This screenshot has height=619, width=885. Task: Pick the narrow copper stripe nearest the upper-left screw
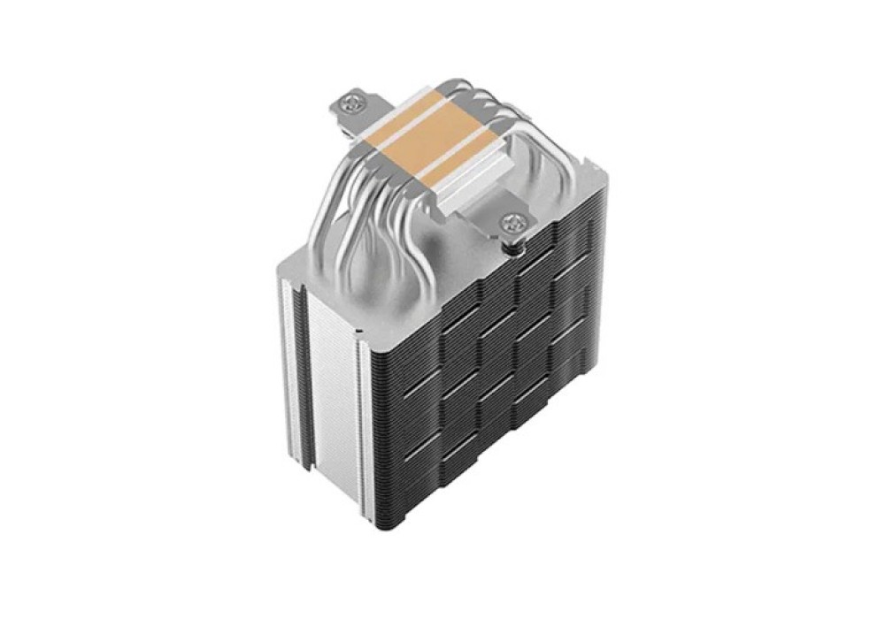(x=403, y=115)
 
